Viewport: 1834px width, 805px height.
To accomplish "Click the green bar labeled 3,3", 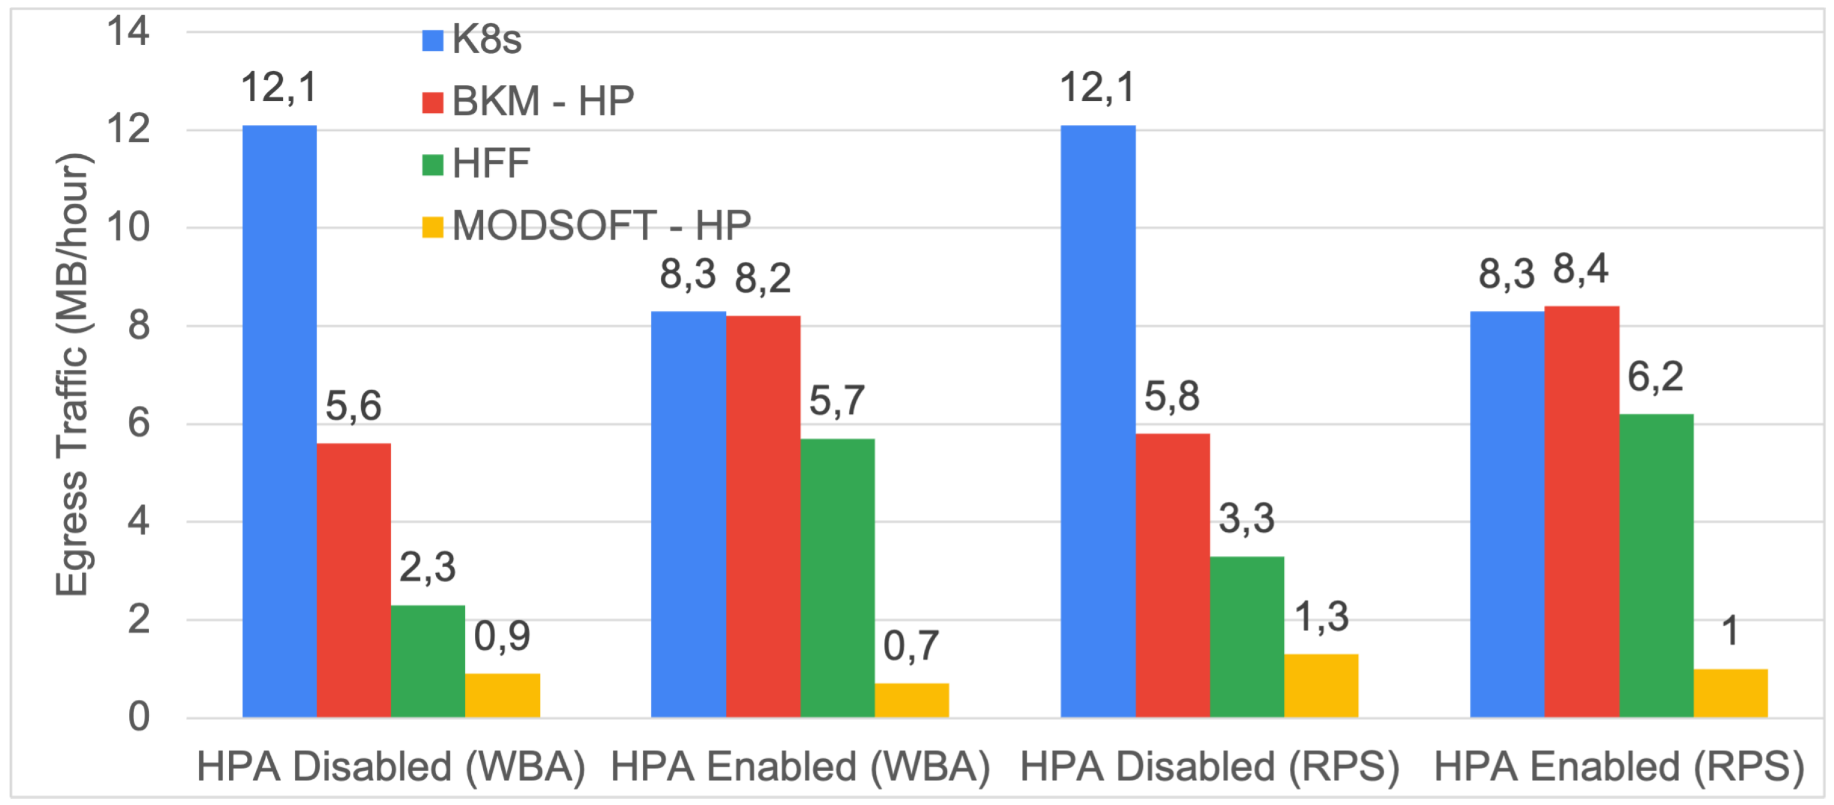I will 1247,636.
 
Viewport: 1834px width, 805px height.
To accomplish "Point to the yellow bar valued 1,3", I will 1321,685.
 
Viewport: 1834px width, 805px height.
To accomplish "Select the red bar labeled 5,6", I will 354,580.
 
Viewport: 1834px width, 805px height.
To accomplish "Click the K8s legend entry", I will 471,39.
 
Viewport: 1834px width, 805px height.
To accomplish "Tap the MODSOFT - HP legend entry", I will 586,226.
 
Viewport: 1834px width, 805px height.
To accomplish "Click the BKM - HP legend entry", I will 527,101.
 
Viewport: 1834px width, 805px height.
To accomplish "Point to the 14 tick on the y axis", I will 128,32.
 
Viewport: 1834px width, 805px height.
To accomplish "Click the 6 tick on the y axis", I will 139,424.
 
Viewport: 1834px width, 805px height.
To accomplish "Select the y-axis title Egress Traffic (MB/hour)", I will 72,375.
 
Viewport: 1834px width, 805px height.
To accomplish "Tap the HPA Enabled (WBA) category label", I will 800,767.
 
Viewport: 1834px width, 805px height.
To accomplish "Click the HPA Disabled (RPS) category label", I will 1210,767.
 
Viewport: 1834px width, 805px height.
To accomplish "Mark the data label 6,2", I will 1655,377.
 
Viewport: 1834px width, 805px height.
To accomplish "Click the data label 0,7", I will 911,646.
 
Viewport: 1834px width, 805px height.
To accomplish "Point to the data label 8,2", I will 762,278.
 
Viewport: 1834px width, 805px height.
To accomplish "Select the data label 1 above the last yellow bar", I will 1730,631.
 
